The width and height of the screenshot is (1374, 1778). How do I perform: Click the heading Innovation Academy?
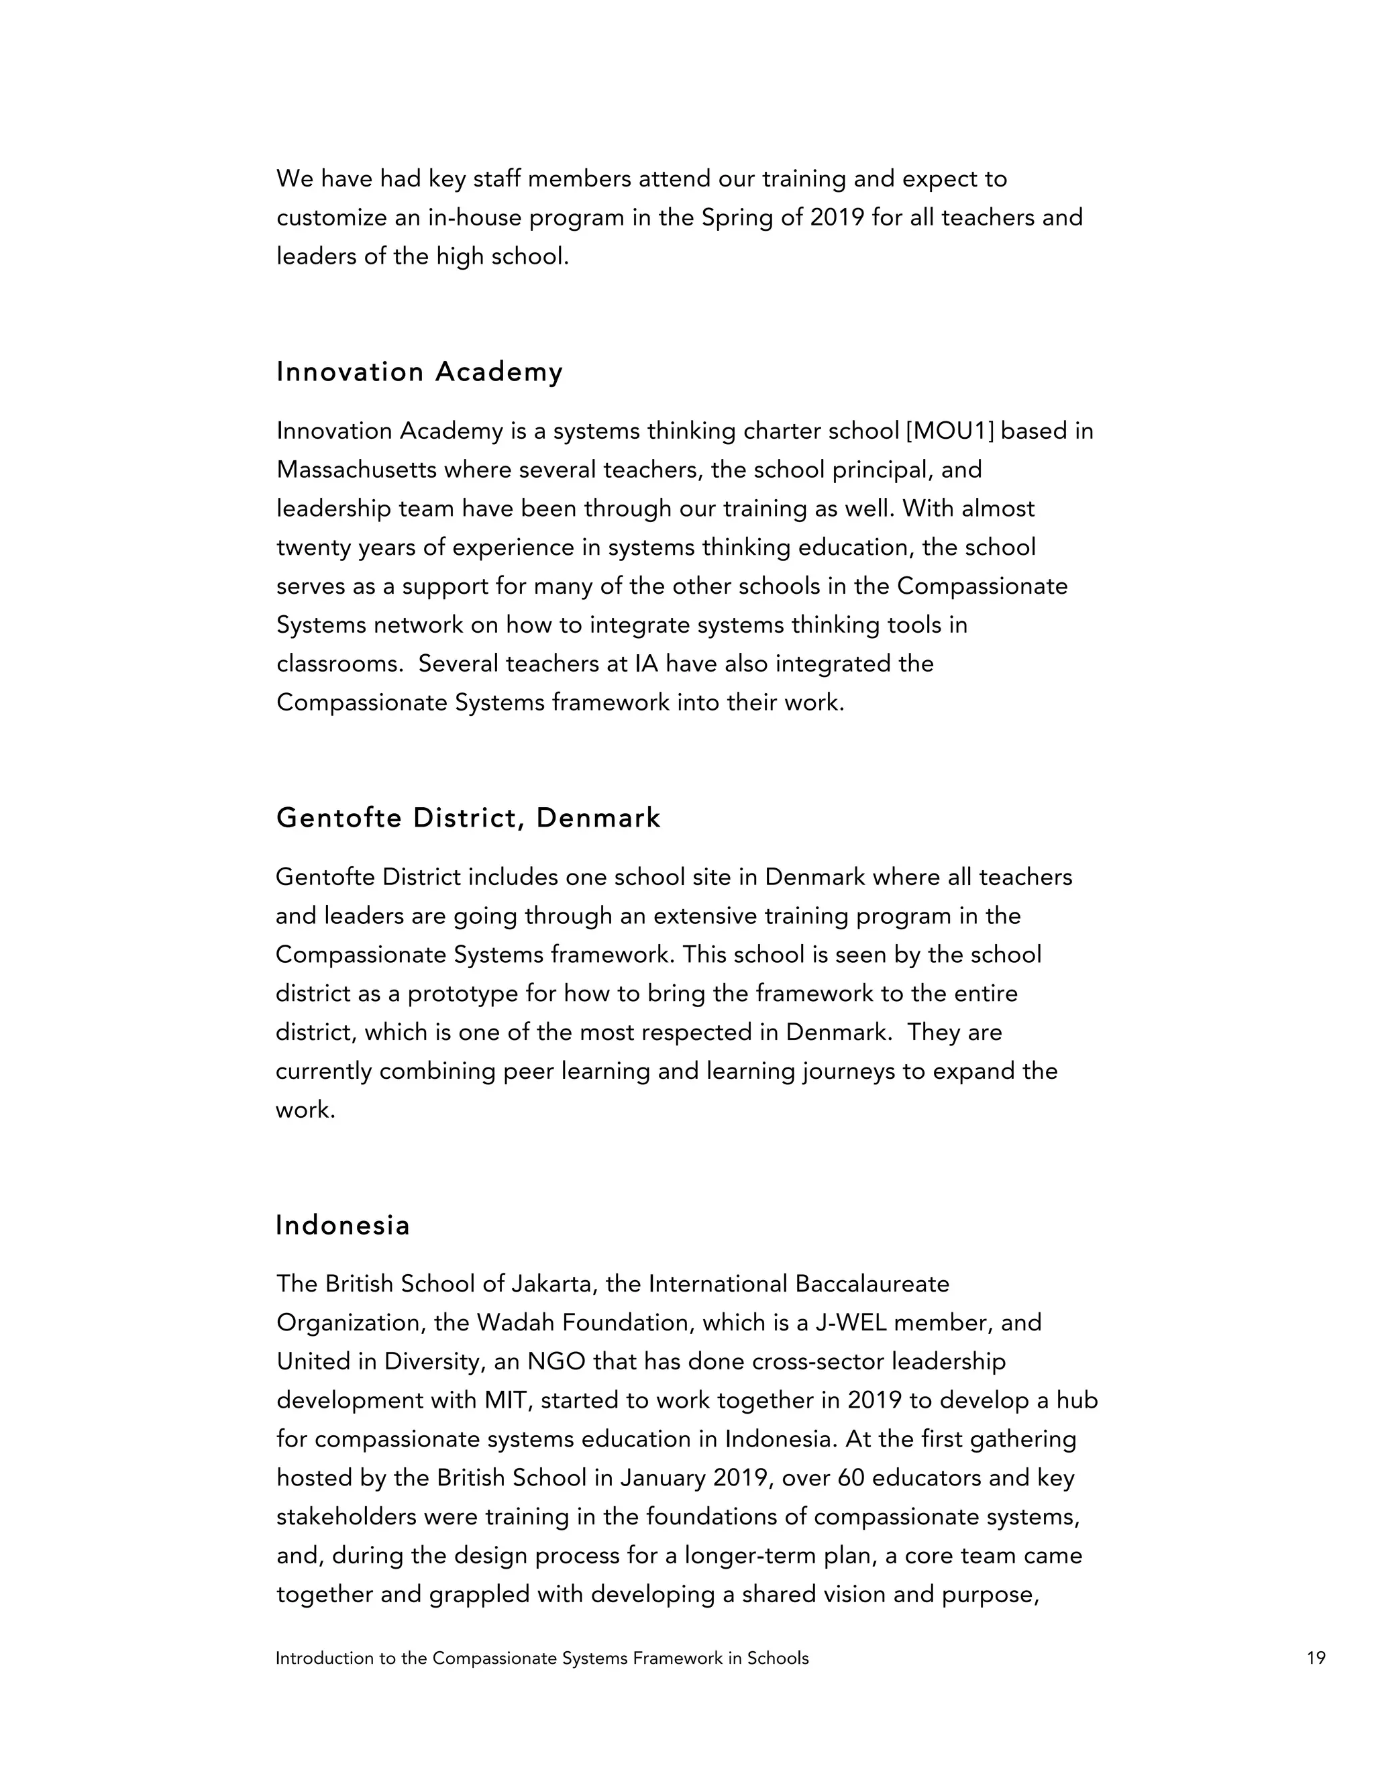point(419,372)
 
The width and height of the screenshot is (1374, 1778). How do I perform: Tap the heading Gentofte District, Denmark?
point(468,817)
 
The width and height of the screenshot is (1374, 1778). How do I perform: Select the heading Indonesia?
point(343,1225)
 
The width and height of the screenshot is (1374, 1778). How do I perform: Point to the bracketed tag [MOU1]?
point(950,431)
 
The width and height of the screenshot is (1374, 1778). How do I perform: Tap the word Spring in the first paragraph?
point(737,218)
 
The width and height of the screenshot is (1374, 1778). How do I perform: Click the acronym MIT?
point(508,1400)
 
